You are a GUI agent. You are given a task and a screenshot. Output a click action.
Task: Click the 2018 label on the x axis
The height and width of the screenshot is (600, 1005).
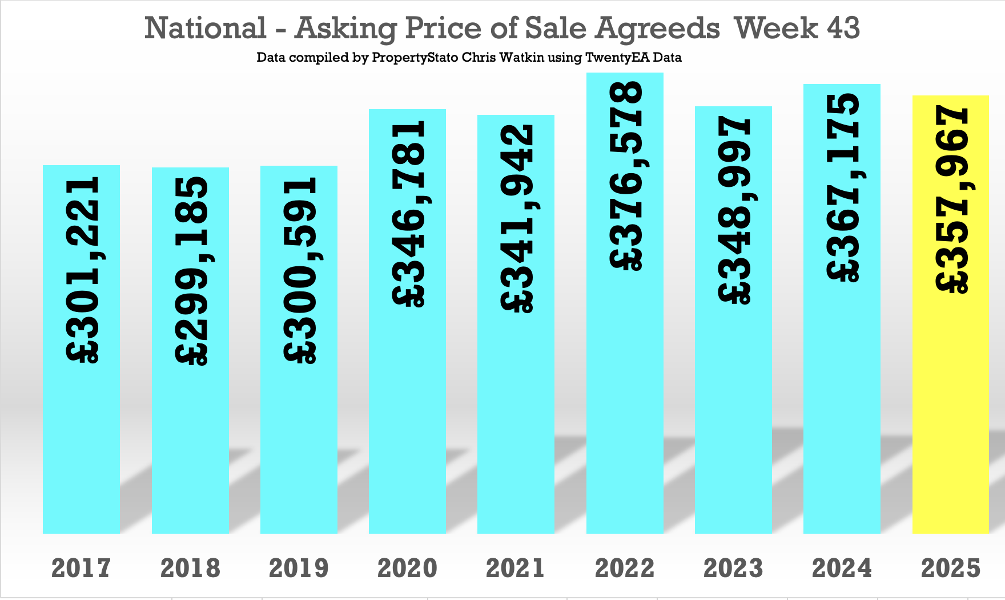(x=190, y=568)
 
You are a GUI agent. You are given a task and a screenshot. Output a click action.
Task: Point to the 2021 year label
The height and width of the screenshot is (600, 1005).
(x=516, y=568)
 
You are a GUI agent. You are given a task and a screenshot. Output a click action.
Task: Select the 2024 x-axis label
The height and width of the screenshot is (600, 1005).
(x=842, y=568)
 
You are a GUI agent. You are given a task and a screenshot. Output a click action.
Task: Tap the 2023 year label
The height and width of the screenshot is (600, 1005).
(x=733, y=568)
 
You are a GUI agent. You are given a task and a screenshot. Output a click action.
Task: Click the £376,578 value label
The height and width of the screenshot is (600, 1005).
(x=626, y=175)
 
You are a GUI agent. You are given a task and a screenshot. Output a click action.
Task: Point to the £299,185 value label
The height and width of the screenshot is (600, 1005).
(x=191, y=270)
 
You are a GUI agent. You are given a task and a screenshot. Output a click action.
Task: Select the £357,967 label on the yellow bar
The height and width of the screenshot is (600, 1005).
(x=951, y=199)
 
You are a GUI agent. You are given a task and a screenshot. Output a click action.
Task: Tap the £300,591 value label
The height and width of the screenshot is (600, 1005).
(x=300, y=270)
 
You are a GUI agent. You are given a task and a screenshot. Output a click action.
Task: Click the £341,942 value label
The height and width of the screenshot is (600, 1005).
(x=517, y=219)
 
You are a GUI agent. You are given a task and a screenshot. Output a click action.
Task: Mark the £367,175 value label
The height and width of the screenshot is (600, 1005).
(x=843, y=187)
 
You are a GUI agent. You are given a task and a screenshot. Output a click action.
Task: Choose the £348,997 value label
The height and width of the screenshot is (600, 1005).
(x=734, y=210)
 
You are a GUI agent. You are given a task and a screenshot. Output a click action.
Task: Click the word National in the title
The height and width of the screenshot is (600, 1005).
(x=205, y=28)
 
